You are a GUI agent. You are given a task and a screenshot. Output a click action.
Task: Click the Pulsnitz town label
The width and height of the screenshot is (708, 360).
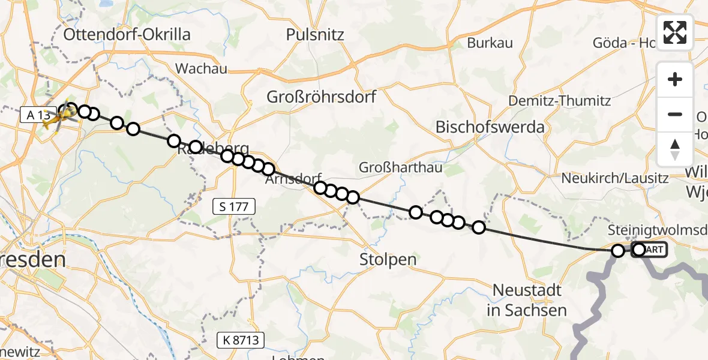[x=315, y=35]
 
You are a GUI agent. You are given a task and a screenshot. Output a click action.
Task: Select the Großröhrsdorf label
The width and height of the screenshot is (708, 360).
[x=322, y=97]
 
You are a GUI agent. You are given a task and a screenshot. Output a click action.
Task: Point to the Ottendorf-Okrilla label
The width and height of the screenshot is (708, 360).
[x=127, y=34]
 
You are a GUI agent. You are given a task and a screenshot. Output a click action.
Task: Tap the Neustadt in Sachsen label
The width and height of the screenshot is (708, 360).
[x=527, y=300]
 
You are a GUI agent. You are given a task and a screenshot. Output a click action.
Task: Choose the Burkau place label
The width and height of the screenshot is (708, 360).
[x=490, y=43]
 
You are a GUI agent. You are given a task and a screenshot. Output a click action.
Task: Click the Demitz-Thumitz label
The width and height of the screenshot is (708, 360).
[x=559, y=101]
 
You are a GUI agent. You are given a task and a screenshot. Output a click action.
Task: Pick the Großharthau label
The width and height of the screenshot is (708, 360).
[x=401, y=168]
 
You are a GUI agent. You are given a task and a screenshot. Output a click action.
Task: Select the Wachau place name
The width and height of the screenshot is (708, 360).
[x=201, y=68]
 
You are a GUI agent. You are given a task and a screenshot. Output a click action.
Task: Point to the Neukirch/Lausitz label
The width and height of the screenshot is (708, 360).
[x=614, y=178]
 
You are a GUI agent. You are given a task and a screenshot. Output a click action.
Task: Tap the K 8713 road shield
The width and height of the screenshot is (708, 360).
[x=241, y=340]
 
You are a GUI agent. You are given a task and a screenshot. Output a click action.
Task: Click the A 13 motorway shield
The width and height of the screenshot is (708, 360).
[x=37, y=115]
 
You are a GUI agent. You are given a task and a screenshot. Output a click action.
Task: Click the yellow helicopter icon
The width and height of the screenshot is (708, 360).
[x=55, y=118]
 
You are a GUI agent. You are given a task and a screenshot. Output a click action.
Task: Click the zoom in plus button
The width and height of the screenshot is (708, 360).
[x=675, y=79]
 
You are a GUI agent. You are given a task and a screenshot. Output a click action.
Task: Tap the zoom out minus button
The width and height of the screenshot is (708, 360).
[x=675, y=114]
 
